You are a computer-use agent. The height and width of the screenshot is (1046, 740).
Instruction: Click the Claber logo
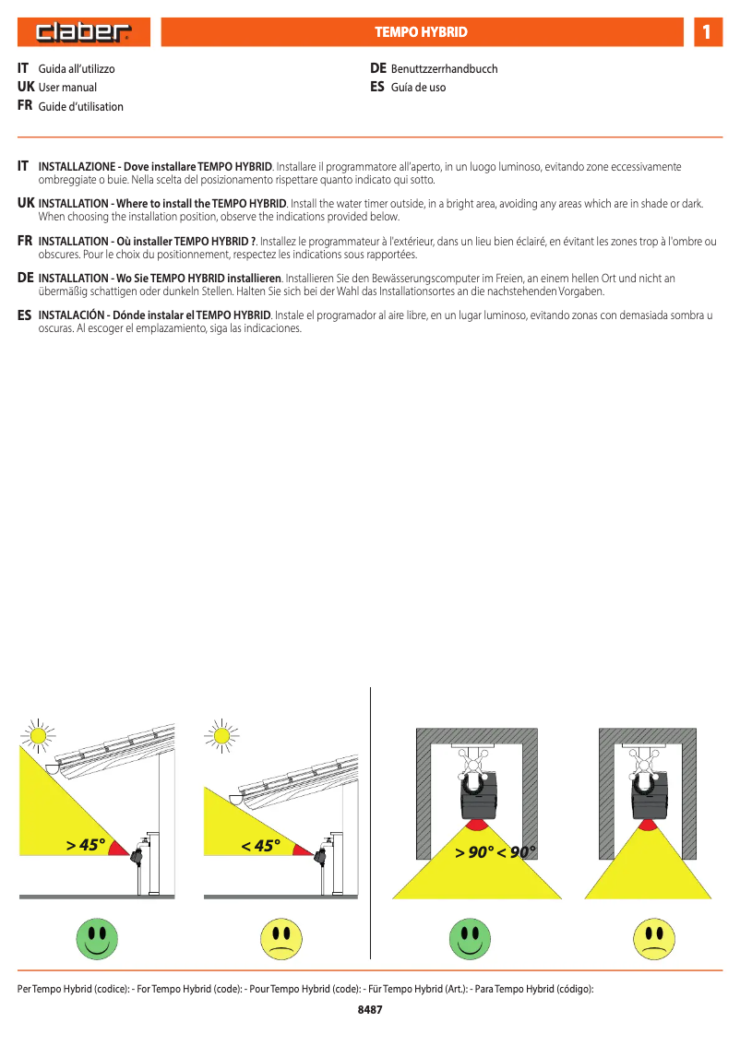84,33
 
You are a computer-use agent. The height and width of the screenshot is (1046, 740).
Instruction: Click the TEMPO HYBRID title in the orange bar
421,32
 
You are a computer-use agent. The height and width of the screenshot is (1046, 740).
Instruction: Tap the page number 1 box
707,32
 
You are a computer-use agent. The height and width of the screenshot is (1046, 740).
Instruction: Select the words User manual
67,88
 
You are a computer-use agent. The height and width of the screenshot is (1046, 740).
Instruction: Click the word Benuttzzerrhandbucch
444,69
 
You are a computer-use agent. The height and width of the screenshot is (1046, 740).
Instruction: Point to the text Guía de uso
418,88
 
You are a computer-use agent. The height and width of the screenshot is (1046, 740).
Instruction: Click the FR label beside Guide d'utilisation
25,106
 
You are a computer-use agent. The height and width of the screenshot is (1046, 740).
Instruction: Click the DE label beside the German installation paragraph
26,278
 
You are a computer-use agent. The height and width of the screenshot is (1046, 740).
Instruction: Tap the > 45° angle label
86,845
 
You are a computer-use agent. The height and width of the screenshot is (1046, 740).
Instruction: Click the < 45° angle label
260,845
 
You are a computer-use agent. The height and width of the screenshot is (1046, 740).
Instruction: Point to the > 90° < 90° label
495,852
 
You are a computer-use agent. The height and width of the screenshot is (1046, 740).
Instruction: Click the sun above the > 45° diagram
37,735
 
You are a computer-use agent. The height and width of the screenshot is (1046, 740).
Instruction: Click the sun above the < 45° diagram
221,735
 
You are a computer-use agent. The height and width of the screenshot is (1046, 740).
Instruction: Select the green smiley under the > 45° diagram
96,937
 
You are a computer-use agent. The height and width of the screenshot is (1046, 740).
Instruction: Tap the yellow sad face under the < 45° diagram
280,937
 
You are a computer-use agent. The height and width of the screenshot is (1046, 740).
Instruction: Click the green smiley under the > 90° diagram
470,937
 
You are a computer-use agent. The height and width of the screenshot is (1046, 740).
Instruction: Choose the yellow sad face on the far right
653,937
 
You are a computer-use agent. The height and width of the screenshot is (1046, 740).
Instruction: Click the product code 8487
370,1010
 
